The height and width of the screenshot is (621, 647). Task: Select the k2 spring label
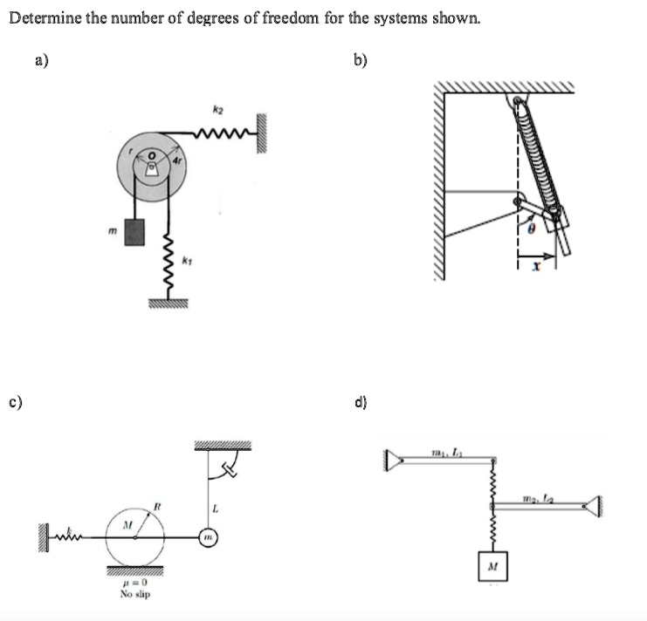(x=216, y=112)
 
